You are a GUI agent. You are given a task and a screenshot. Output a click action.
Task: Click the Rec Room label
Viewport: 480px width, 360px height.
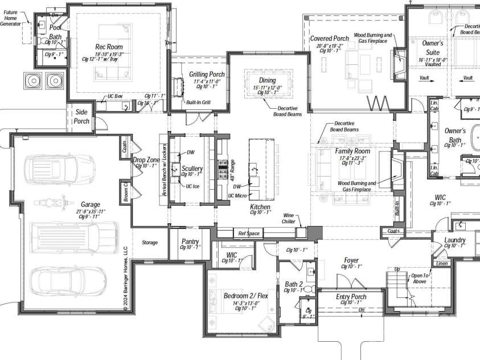(x=108, y=47)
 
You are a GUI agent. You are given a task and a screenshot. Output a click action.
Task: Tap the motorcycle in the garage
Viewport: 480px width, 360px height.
(x=52, y=202)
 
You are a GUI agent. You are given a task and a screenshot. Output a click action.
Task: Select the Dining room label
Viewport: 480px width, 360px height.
(x=267, y=80)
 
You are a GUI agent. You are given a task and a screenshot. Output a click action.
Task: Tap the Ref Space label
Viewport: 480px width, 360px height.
(x=248, y=233)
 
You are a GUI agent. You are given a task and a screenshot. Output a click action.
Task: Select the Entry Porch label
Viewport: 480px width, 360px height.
(x=351, y=296)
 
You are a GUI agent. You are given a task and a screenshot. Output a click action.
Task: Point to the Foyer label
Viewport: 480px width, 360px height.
(x=351, y=260)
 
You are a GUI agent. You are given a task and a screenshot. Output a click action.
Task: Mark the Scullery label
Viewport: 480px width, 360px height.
(x=192, y=169)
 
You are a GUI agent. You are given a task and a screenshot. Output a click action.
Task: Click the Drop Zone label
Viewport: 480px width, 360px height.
(x=146, y=160)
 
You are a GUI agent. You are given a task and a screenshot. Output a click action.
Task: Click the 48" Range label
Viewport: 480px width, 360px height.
(x=232, y=169)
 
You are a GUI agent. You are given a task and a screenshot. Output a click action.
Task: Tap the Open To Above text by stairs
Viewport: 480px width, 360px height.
(x=421, y=278)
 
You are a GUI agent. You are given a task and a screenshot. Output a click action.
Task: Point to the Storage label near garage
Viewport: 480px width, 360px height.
(x=149, y=243)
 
